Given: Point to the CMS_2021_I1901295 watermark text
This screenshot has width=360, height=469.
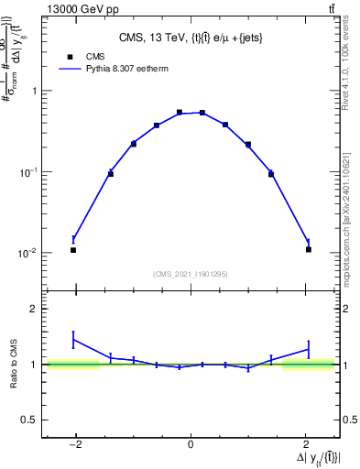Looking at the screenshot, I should click(x=190, y=274).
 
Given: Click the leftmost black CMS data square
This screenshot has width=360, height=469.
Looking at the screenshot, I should click(x=73, y=250).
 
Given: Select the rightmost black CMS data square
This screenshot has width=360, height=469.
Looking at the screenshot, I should click(x=309, y=249).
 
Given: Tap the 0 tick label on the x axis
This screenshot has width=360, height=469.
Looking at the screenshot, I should click(x=191, y=445).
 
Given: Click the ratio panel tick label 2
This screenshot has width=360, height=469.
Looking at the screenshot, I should click(x=33, y=310).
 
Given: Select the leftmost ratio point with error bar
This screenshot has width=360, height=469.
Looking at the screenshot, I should click(x=73, y=340).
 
